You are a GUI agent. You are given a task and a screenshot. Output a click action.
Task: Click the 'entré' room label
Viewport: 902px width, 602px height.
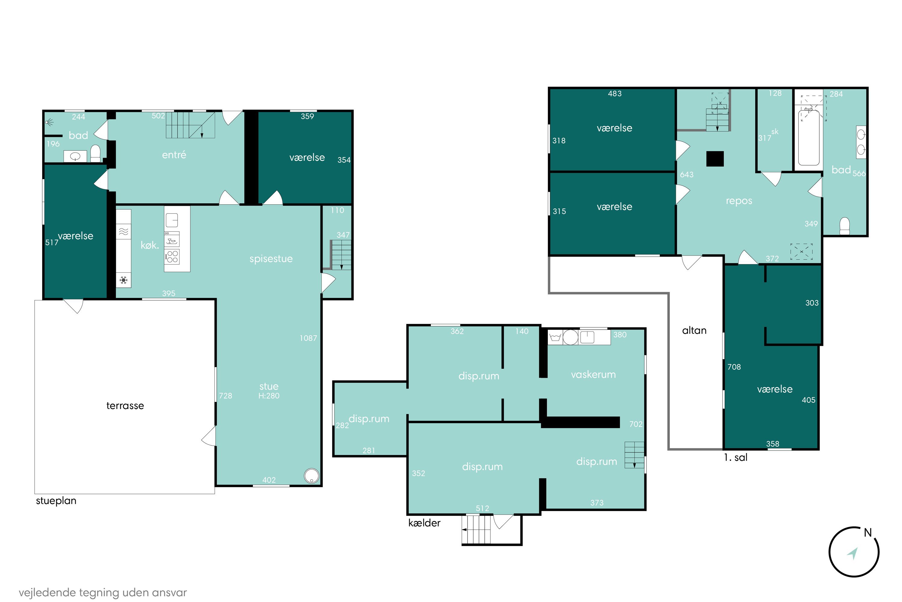coord(174,155)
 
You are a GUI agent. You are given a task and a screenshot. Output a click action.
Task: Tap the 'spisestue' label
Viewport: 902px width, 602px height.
coord(271,259)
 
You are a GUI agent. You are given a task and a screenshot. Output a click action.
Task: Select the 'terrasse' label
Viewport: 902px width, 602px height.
coord(125,406)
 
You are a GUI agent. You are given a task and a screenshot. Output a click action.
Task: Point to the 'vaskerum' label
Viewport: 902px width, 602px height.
coord(593,374)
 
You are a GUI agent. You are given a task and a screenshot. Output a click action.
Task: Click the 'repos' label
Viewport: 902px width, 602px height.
coord(739,201)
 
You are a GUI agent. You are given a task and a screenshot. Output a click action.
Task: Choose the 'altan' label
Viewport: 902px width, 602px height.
coord(694,330)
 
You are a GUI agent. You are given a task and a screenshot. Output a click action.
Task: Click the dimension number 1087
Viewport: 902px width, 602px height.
coord(308,338)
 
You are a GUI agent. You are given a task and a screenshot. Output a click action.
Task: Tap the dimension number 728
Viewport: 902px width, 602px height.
coord(226,396)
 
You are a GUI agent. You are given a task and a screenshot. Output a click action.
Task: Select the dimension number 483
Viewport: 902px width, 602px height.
coord(615,94)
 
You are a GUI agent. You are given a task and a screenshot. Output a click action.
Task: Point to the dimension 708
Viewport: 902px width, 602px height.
coord(734,367)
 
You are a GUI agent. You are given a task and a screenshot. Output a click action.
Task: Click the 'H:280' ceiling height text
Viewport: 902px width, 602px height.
coord(269,396)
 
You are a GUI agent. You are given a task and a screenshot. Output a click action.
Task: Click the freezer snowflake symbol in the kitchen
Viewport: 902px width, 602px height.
coord(124,280)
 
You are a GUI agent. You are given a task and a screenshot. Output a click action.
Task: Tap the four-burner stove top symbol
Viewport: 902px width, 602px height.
coord(172,256)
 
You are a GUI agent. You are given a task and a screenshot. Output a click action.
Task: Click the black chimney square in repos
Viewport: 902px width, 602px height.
coord(715,159)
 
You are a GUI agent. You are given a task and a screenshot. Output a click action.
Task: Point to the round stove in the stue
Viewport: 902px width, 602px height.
coord(311,476)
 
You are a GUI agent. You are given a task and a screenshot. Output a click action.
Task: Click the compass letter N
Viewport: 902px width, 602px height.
coord(868,533)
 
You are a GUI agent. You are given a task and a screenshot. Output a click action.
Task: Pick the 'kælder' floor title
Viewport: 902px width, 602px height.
coord(424,523)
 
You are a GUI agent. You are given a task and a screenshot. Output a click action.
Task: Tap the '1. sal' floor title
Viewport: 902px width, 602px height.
coord(735,458)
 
